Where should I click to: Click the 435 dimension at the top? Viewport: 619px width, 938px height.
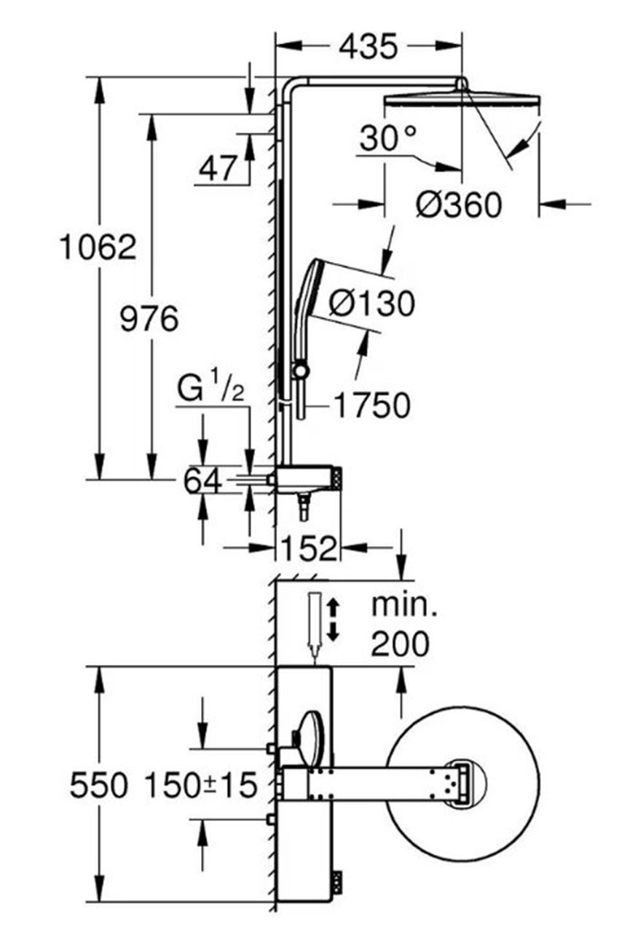368,47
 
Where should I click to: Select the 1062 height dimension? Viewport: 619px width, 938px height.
98,247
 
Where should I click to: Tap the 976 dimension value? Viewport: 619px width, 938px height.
149,319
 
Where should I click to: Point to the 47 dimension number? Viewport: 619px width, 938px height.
218,169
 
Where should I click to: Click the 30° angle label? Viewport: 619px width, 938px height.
388,138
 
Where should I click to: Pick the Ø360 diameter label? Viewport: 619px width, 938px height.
459,205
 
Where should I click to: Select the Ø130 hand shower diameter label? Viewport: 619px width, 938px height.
372,304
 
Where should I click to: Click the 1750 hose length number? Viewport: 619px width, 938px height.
372,405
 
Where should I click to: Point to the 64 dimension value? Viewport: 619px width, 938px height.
203,481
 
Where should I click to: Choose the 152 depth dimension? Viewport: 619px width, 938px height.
309,548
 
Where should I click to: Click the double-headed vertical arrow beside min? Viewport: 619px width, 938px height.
333,620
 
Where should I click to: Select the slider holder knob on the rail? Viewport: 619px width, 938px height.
301,370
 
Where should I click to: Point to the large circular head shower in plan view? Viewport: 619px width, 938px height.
461,783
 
